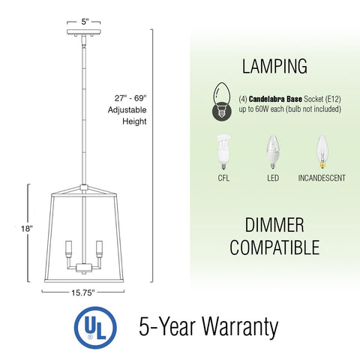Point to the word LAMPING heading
pyautogui.click(x=274, y=66)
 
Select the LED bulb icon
pyautogui.click(x=273, y=151)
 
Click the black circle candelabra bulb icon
pyautogui.click(x=217, y=103)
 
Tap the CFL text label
pyautogui.click(x=223, y=178)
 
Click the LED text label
pyautogui.click(x=273, y=178)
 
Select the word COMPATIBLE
pyautogui.click(x=274, y=247)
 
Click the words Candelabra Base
pyautogui.click(x=272, y=97)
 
